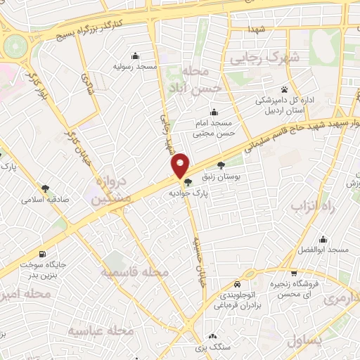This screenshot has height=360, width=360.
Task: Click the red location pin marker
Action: [x=181, y=165]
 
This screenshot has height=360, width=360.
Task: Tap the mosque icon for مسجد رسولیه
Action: [x=136, y=56]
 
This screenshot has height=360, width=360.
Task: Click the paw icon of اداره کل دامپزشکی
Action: [x=284, y=89]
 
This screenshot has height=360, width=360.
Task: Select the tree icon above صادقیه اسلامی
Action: [x=46, y=188]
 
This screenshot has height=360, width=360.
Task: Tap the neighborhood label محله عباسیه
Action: [x=102, y=330]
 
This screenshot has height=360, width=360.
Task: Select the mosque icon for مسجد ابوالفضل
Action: [x=324, y=239]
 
